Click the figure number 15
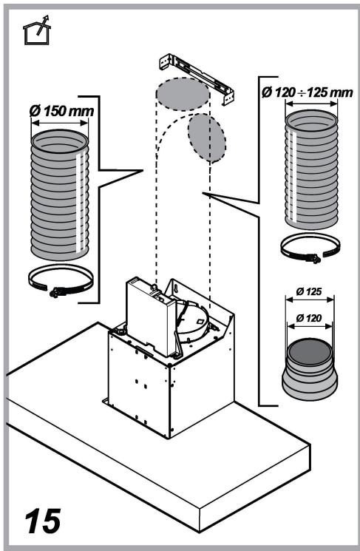[42, 521]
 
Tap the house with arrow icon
[36, 30]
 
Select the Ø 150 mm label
[62, 111]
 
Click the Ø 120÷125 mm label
[308, 92]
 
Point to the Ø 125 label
[309, 291]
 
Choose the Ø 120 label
[309, 318]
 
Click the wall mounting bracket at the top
[197, 78]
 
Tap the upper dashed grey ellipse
[183, 94]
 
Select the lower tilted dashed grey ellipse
[206, 138]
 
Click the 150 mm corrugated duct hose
[60, 195]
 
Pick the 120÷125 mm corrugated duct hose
[311, 169]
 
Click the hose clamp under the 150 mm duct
[61, 280]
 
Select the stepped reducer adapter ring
[310, 369]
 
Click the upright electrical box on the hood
[151, 317]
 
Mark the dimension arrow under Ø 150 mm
[60, 123]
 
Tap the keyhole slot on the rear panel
[177, 290]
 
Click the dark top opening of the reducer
[310, 351]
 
